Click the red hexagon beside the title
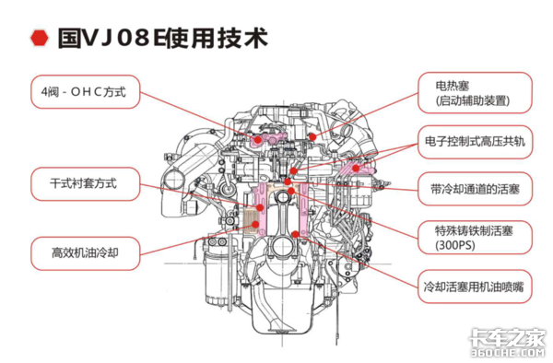tap(39, 38)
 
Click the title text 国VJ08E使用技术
tap(162, 38)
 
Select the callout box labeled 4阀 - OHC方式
tap(86, 91)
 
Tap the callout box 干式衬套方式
tap(86, 184)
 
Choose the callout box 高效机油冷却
tap(86, 253)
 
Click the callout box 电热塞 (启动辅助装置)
tap(475, 93)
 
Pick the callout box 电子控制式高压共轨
tap(475, 142)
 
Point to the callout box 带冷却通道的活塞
tap(475, 189)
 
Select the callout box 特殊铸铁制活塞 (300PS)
tap(475, 238)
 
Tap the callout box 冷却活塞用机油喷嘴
tap(475, 287)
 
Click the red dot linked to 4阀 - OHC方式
tap(258, 140)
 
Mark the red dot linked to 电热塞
tap(312, 136)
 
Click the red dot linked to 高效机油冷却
tap(255, 224)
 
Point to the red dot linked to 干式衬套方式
tap(260, 207)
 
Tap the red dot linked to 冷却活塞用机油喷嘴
tap(296, 234)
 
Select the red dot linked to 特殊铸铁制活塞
tap(291, 191)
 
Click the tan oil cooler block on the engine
tap(252, 220)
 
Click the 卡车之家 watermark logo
tap(508, 337)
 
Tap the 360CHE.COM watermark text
tap(508, 353)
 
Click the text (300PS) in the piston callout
tap(455, 245)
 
